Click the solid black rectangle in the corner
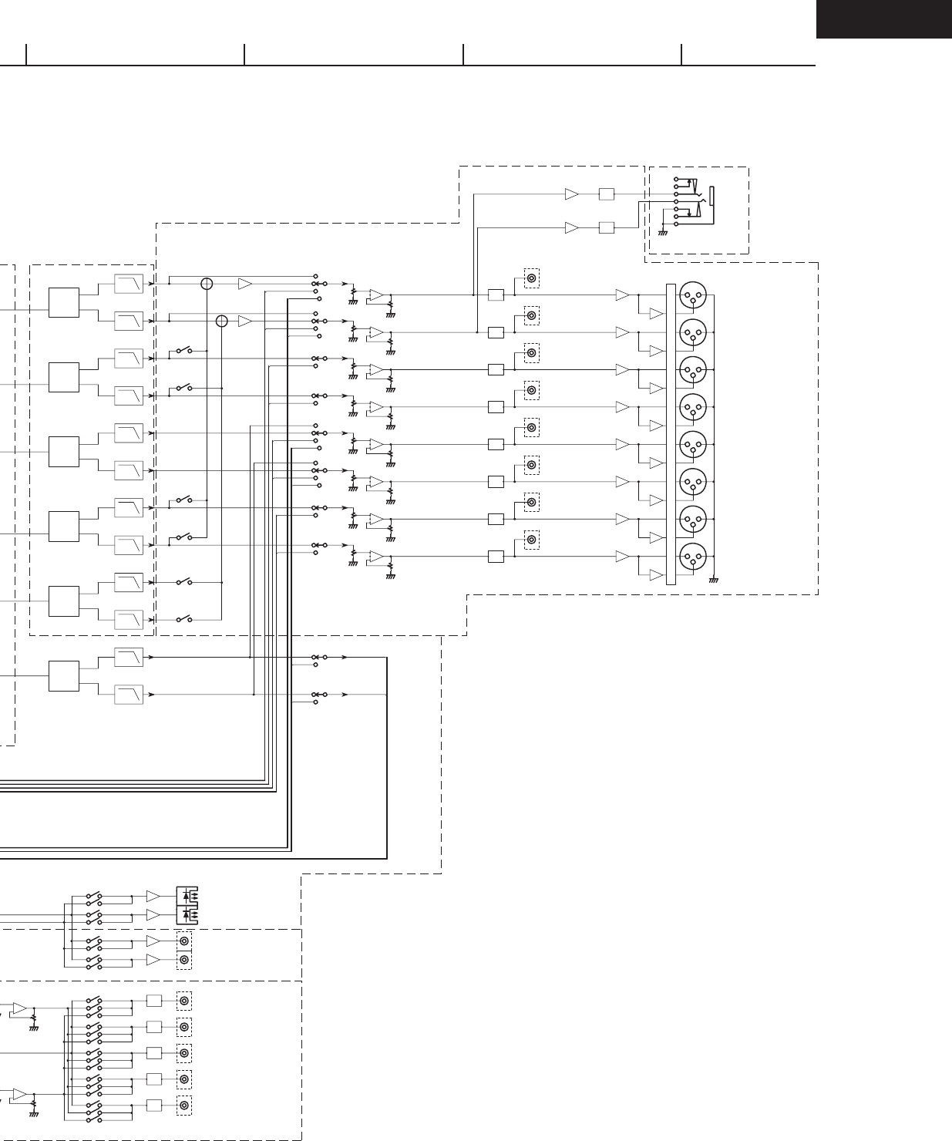(x=883, y=19)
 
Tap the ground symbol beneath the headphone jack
(x=662, y=232)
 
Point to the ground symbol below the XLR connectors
(x=713, y=579)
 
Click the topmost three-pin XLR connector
(x=693, y=295)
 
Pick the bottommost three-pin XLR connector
(x=693, y=556)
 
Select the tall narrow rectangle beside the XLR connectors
(x=671, y=434)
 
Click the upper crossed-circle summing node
(x=207, y=284)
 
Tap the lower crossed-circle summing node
(x=222, y=321)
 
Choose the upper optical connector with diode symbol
(x=187, y=896)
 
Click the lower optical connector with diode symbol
(x=187, y=915)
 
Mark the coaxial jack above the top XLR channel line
(x=531, y=278)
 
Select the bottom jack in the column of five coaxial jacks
(x=184, y=1106)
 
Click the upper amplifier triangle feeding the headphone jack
(x=571, y=194)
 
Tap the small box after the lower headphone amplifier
(x=607, y=227)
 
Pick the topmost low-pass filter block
(x=129, y=284)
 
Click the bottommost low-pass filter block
(x=129, y=695)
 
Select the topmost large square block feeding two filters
(x=64, y=302)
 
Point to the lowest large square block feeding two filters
(x=64, y=676)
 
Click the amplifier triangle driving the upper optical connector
(x=153, y=896)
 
